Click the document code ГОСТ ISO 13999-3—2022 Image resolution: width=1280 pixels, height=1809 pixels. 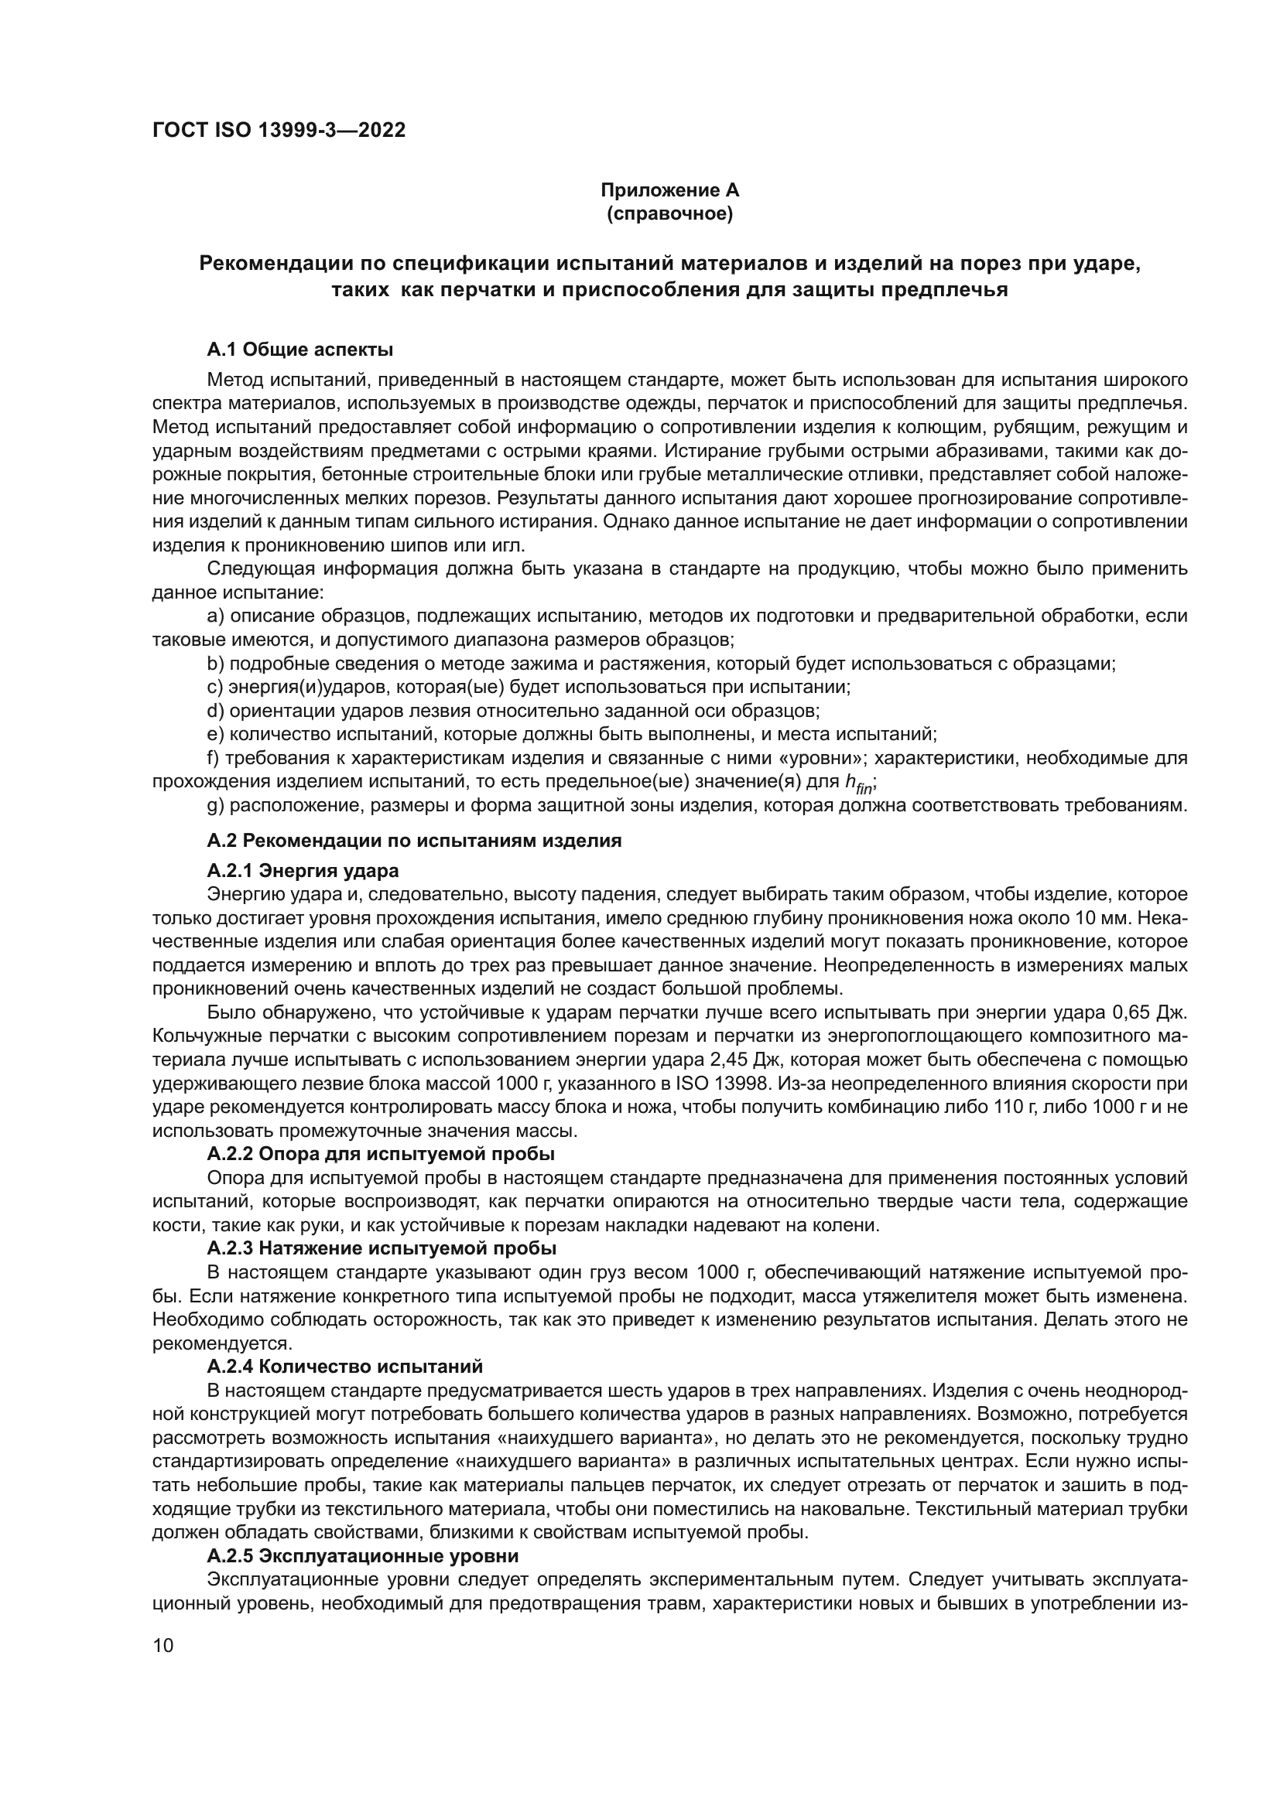pyautogui.click(x=279, y=131)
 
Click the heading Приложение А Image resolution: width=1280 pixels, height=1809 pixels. pyautogui.click(x=670, y=190)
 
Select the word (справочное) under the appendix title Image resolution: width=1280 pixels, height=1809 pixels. pyautogui.click(x=670, y=213)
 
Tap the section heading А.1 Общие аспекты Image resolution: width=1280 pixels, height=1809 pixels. pyautogui.click(x=299, y=349)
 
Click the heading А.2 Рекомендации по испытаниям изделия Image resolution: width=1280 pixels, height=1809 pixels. pyautogui.click(x=414, y=841)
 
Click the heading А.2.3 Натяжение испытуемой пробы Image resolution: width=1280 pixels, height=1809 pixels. pyautogui.click(x=382, y=1249)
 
